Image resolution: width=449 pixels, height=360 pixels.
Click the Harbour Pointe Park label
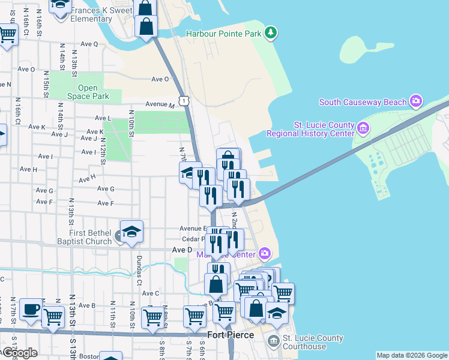click(x=224, y=34)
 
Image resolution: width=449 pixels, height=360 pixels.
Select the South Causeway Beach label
click(x=363, y=102)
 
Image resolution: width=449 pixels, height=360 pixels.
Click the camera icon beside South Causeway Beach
click(x=415, y=101)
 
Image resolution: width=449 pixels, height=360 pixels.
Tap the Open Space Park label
click(x=88, y=92)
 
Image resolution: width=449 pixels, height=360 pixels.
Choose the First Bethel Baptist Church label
click(x=78, y=237)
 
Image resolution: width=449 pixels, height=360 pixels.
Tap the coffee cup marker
click(x=31, y=310)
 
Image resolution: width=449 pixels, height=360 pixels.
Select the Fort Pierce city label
click(x=231, y=335)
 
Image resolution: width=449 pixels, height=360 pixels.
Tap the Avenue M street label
click(x=159, y=104)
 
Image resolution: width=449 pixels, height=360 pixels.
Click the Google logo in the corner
click(x=20, y=353)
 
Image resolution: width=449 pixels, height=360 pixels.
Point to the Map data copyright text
click(x=412, y=355)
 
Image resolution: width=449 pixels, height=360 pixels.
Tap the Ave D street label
click(x=182, y=249)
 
